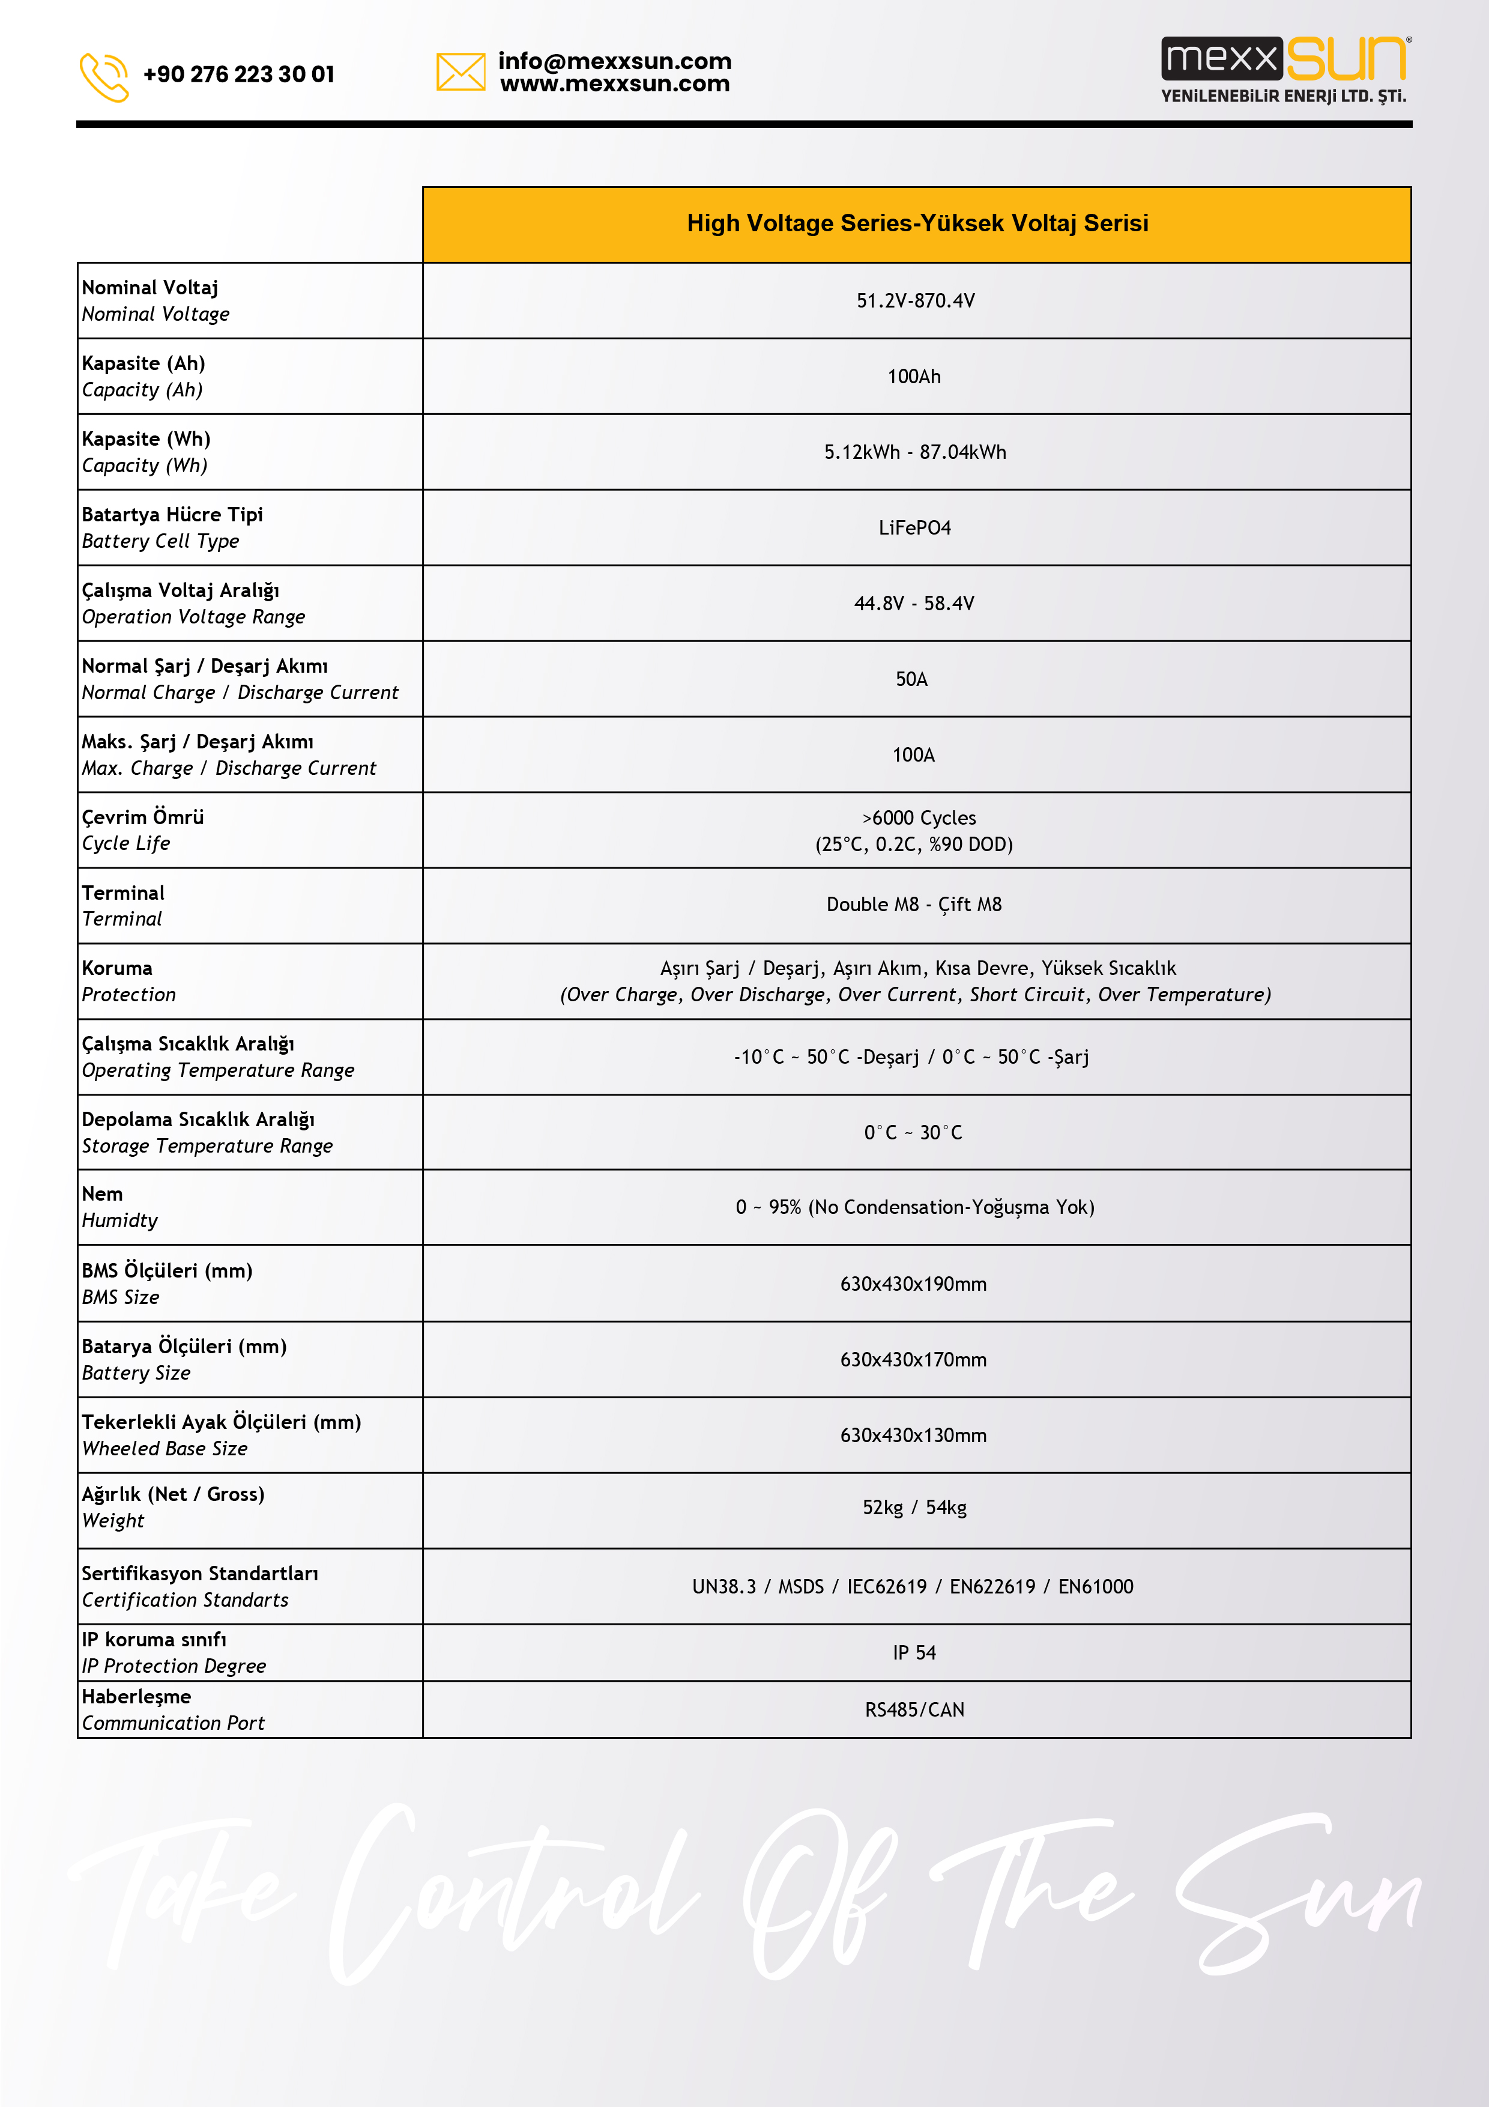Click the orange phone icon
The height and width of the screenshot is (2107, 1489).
104,76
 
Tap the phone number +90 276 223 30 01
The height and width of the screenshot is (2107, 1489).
238,74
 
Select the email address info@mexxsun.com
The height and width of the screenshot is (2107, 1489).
615,61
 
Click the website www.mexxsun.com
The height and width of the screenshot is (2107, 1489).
615,85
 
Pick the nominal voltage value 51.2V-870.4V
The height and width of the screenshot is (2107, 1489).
916,301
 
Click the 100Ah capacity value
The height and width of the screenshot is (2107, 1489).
914,376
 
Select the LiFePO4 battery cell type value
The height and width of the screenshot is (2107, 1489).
914,528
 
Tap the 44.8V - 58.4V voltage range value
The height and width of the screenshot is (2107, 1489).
914,604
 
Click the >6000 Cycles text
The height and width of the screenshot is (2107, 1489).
919,817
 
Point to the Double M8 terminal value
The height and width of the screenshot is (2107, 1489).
914,905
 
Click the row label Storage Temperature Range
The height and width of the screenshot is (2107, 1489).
207,1146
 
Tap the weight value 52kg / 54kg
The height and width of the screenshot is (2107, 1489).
914,1508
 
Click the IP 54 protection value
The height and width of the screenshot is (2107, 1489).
914,1653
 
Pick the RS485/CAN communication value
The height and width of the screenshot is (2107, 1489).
914,1709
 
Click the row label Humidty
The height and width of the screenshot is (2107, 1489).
119,1220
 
